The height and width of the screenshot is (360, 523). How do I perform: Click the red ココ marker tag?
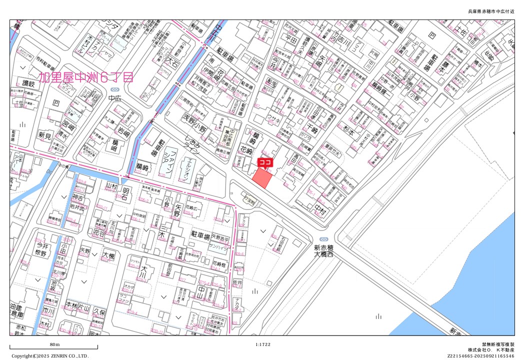264,162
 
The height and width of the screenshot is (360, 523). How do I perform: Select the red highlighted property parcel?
262,178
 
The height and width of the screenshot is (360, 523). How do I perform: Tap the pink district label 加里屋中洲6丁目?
87,77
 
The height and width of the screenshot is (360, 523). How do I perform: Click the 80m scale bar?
53,347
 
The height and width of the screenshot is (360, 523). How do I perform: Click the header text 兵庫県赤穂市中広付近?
490,11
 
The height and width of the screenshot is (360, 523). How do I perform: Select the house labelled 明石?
125,192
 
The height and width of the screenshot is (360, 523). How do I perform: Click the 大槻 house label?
108,256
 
